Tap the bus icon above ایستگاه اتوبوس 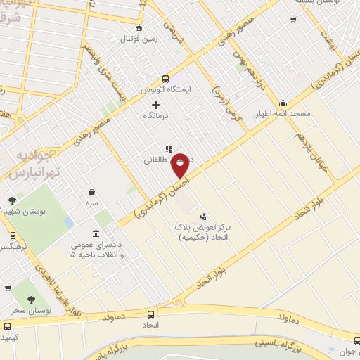[165, 79]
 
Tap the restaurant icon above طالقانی [167, 149]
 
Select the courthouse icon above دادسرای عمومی [96, 233]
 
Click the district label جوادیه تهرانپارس [33, 165]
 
